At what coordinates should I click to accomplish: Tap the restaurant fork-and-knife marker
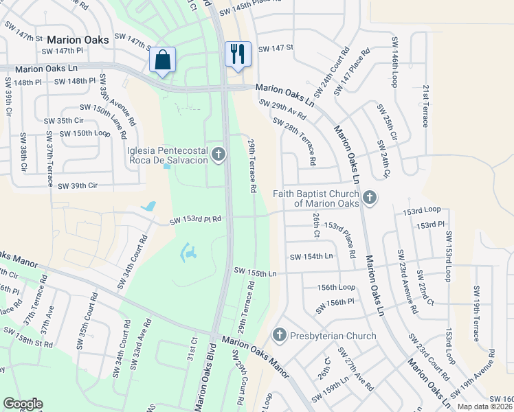(x=238, y=55)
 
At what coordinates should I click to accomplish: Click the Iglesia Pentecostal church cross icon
(x=219, y=154)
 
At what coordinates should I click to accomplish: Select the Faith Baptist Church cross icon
(x=370, y=198)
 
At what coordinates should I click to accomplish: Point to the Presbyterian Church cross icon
(x=279, y=336)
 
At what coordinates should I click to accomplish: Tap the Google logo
(x=23, y=404)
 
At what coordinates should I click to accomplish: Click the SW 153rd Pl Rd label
(x=196, y=220)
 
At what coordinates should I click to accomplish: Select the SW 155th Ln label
(x=255, y=273)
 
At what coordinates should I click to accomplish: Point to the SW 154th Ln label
(x=311, y=256)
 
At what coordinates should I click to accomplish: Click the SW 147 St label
(x=276, y=48)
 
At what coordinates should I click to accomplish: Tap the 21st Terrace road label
(x=425, y=106)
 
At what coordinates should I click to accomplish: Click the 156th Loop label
(x=336, y=288)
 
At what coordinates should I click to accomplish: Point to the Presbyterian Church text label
(x=333, y=336)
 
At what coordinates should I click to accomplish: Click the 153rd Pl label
(x=432, y=225)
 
